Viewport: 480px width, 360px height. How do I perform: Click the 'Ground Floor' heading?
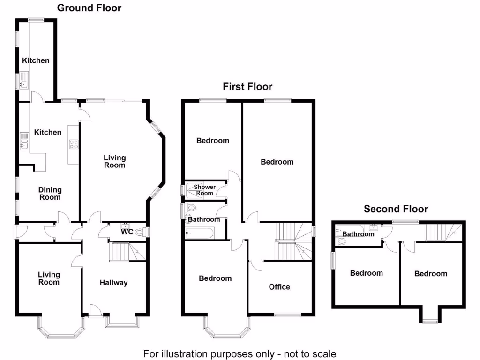pos(89,7)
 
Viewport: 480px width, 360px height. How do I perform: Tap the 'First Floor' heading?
pos(247,87)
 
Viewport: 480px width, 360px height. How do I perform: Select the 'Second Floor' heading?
pos(396,209)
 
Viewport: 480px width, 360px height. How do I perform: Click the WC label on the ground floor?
pos(127,232)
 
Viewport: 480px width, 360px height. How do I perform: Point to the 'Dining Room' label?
pos(50,193)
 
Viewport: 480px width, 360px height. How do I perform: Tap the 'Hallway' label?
pos(113,283)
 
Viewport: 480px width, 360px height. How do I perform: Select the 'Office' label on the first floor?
pos(279,287)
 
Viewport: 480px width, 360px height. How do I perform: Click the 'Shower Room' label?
pos(204,190)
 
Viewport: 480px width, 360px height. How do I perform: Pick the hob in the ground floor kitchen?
pos(74,144)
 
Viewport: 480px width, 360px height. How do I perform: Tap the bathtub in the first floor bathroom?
pos(200,233)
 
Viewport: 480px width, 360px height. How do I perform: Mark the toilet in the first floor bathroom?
pos(191,208)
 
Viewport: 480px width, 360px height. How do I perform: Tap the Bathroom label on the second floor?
pos(359,234)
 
